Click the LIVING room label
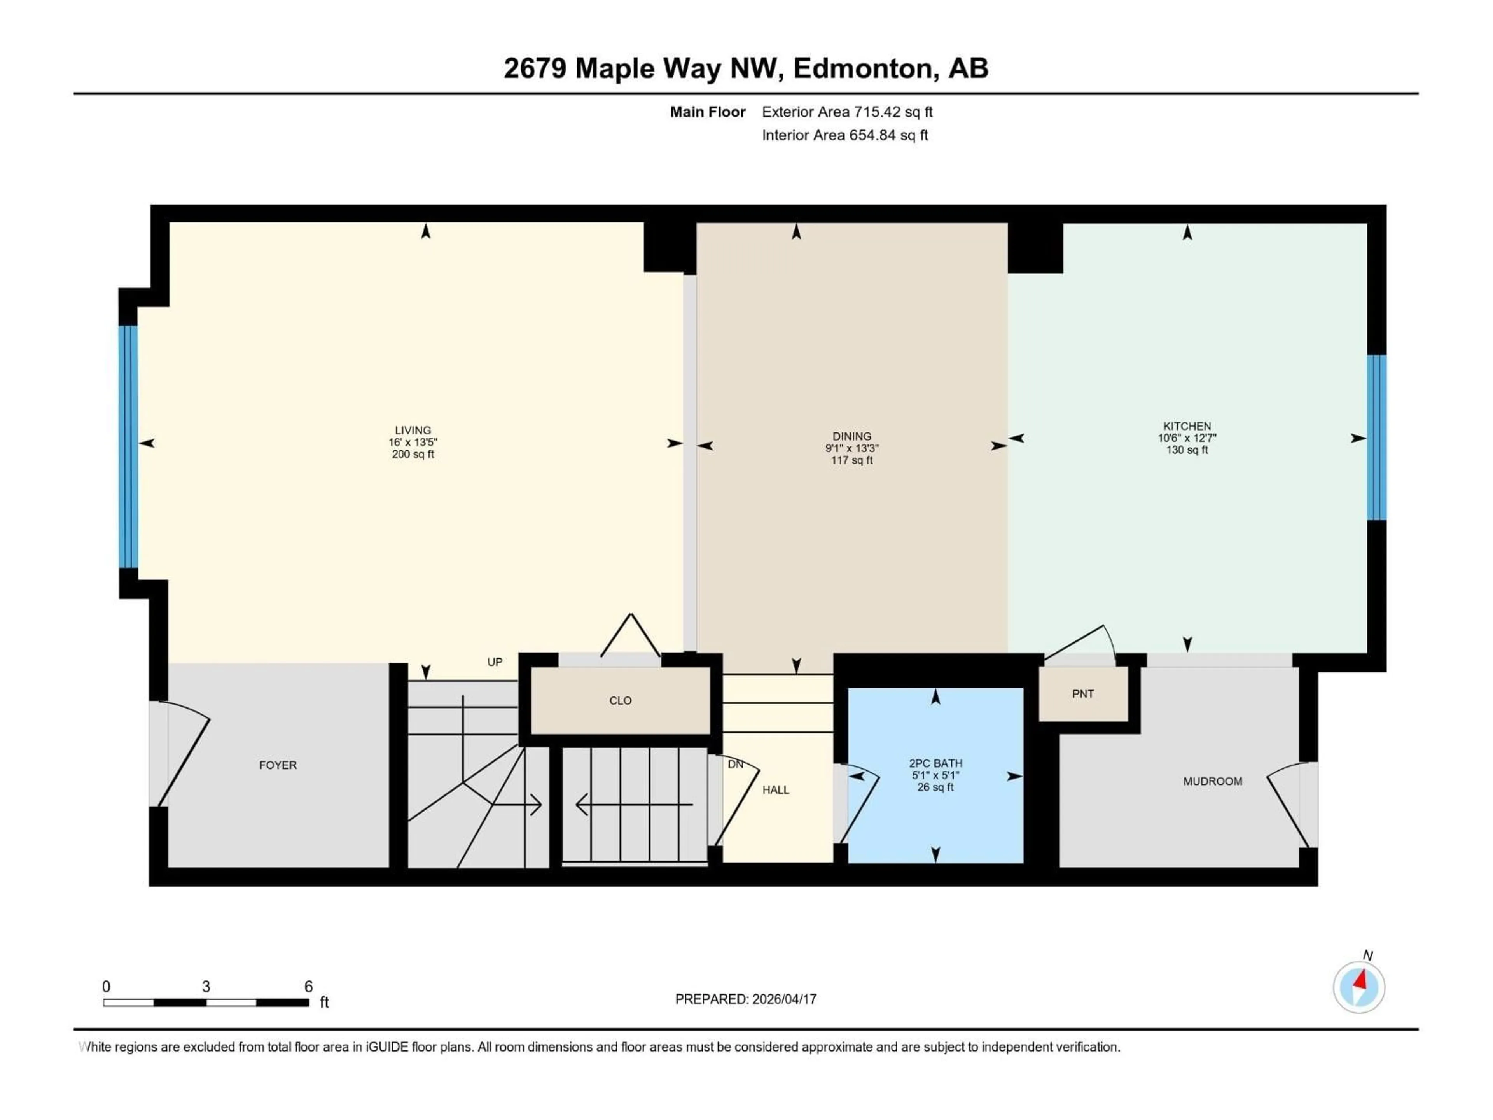413,430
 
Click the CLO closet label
620,701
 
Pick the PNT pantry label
1083,694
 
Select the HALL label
776,790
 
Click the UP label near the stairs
495,662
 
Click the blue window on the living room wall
128,446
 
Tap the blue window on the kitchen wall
1376,437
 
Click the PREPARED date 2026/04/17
745,999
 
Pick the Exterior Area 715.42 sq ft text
847,112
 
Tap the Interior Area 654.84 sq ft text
844,135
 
